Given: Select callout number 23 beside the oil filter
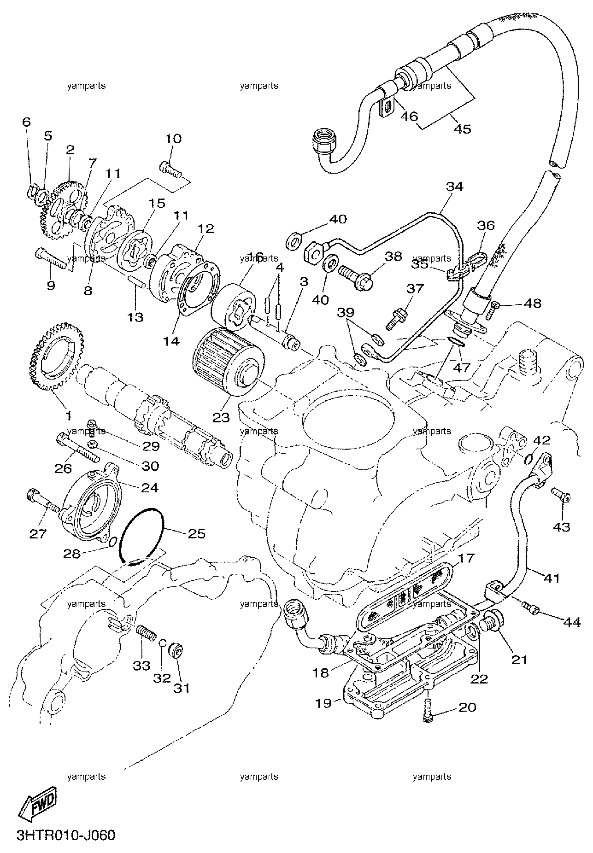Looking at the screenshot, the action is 221,417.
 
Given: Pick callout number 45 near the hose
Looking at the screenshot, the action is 462,129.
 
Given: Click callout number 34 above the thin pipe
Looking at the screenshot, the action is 454,187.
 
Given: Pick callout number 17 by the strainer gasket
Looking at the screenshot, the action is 466,558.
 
